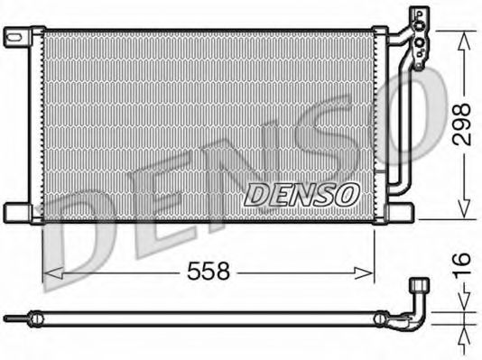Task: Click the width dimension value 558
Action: (x=209, y=271)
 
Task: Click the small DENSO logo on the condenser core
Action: (x=301, y=193)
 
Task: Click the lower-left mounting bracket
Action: (x=18, y=212)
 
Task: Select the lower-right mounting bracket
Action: (x=399, y=212)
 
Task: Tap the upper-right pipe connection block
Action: (x=418, y=36)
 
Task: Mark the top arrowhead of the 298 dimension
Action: (x=462, y=36)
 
